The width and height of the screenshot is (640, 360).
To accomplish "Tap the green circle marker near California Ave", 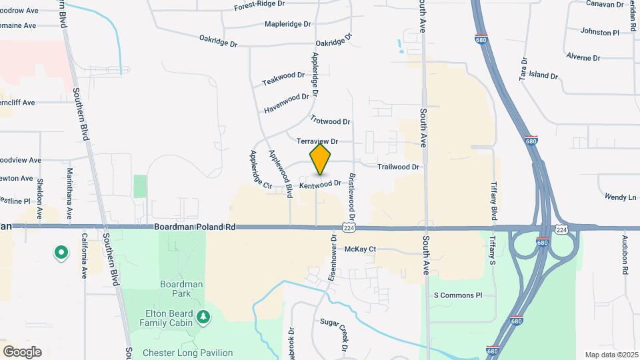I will click(x=61, y=253).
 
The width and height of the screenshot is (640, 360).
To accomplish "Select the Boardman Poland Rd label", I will click(x=195, y=227).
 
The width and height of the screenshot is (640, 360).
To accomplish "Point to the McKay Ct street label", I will click(x=360, y=249).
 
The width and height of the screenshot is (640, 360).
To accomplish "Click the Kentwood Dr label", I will click(x=320, y=183).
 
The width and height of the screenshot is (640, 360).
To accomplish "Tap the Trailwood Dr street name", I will click(x=398, y=167).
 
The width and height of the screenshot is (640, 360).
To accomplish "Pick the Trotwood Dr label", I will click(x=330, y=121).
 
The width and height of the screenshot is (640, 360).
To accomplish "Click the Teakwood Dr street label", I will click(x=283, y=79).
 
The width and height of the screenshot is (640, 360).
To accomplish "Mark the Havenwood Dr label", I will click(x=287, y=103).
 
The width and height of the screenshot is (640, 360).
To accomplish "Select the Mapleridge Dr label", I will click(x=288, y=24).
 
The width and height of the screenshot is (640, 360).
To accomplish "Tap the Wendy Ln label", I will click(x=620, y=197).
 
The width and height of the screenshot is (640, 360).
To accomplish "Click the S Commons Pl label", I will click(x=457, y=295).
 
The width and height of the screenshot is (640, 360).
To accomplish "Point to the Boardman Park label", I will click(x=181, y=289).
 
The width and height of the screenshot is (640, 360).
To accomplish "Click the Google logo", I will click(x=22, y=352).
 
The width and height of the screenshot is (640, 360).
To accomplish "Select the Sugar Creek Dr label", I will click(x=335, y=333).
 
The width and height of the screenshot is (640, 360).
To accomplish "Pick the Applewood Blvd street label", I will click(x=280, y=173).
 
